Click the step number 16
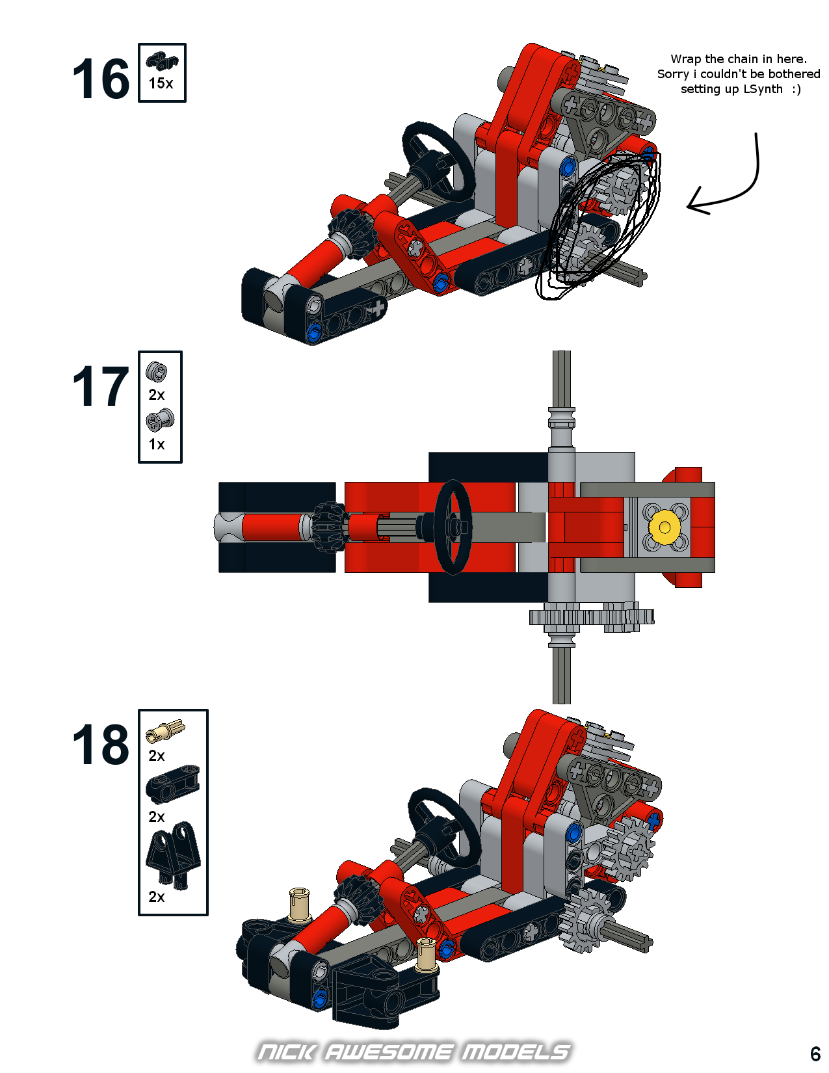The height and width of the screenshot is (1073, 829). [101, 78]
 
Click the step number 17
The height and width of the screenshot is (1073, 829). [101, 386]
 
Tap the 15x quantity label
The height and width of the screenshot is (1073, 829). [161, 83]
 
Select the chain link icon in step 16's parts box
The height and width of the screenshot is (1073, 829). [162, 61]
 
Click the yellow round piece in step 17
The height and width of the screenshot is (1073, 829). [665, 527]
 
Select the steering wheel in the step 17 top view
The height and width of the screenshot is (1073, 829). [453, 527]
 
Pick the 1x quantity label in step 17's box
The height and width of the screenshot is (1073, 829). [157, 444]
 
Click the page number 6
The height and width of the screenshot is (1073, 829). [815, 1053]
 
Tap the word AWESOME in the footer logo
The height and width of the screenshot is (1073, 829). [388, 1052]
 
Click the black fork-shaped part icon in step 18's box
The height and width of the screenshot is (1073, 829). [174, 856]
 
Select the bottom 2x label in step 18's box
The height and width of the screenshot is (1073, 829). [157, 897]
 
